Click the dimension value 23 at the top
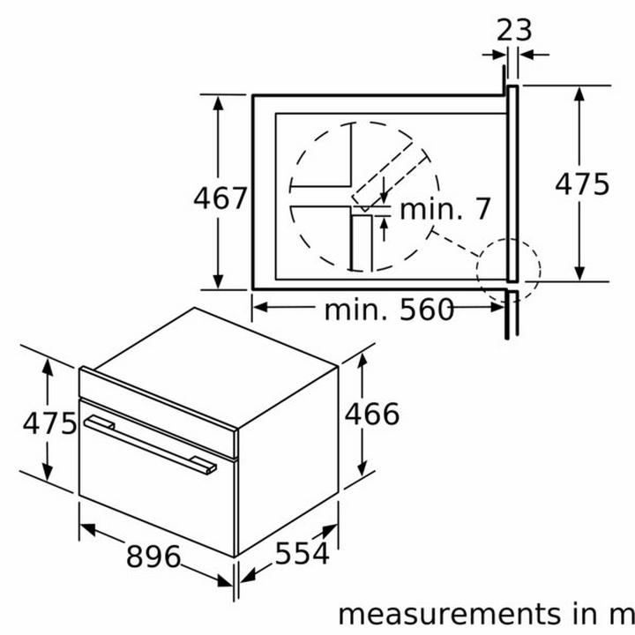(513, 30)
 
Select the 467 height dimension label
(220, 198)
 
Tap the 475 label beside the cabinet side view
(582, 184)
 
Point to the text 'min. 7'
(445, 209)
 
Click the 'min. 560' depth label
(389, 310)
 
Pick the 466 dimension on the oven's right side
(372, 414)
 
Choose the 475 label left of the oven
(49, 423)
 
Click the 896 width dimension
(153, 556)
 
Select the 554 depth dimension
(303, 553)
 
